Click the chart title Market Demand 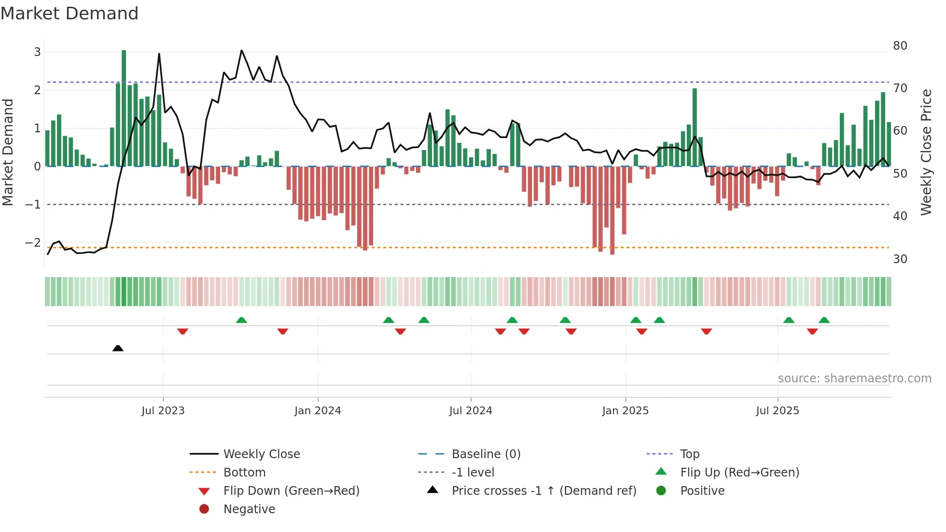[x=70, y=14]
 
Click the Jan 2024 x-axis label [x=318, y=411]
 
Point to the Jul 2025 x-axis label [x=777, y=411]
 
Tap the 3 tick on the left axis [x=37, y=52]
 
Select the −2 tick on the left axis [x=33, y=243]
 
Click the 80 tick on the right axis [x=900, y=46]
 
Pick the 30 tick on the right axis [x=900, y=259]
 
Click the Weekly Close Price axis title [x=926, y=152]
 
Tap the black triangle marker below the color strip [x=118, y=348]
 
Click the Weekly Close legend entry [x=261, y=454]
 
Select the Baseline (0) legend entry [x=486, y=454]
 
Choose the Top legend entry [x=689, y=454]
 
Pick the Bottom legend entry [x=244, y=473]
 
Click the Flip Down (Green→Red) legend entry [x=291, y=491]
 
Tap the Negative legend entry [x=249, y=509]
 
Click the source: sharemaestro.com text [x=854, y=378]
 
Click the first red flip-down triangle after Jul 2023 [x=182, y=331]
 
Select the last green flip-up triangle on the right [x=824, y=320]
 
